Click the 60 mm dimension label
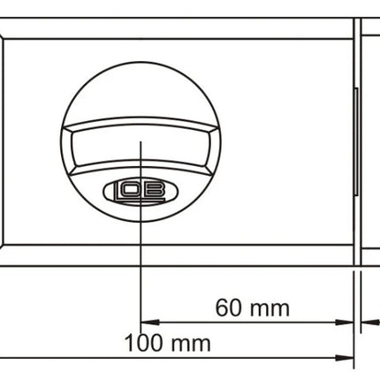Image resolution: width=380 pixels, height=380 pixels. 253,308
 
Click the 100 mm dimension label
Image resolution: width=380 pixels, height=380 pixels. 167,343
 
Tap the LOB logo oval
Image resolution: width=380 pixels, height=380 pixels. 141,192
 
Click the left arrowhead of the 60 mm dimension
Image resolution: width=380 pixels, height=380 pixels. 150,323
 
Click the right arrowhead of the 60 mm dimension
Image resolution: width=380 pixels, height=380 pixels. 345,323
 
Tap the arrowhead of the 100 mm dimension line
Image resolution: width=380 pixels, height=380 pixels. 345,358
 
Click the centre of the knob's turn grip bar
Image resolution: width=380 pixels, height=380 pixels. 141,146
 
